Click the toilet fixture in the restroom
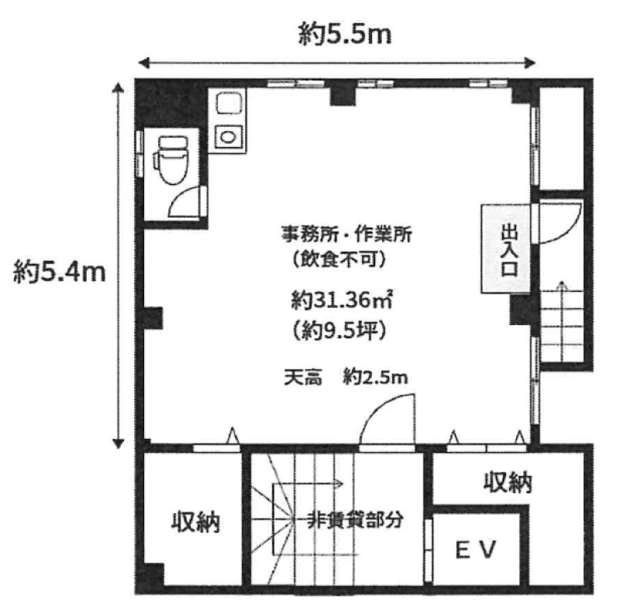[x=171, y=159]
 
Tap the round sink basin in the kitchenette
[x=228, y=137]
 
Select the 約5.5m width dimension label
[x=345, y=33]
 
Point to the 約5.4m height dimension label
[x=60, y=272]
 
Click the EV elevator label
[x=476, y=550]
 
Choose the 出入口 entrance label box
[x=506, y=249]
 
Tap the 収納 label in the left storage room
[x=196, y=523]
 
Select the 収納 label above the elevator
[x=508, y=482]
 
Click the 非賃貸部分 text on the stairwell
[x=355, y=520]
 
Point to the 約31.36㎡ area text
[x=342, y=301]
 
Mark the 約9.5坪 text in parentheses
[x=339, y=331]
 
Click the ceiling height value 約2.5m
[x=375, y=378]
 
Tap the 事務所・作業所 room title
[x=346, y=235]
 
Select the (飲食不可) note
[x=339, y=259]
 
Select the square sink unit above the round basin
[x=229, y=103]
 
